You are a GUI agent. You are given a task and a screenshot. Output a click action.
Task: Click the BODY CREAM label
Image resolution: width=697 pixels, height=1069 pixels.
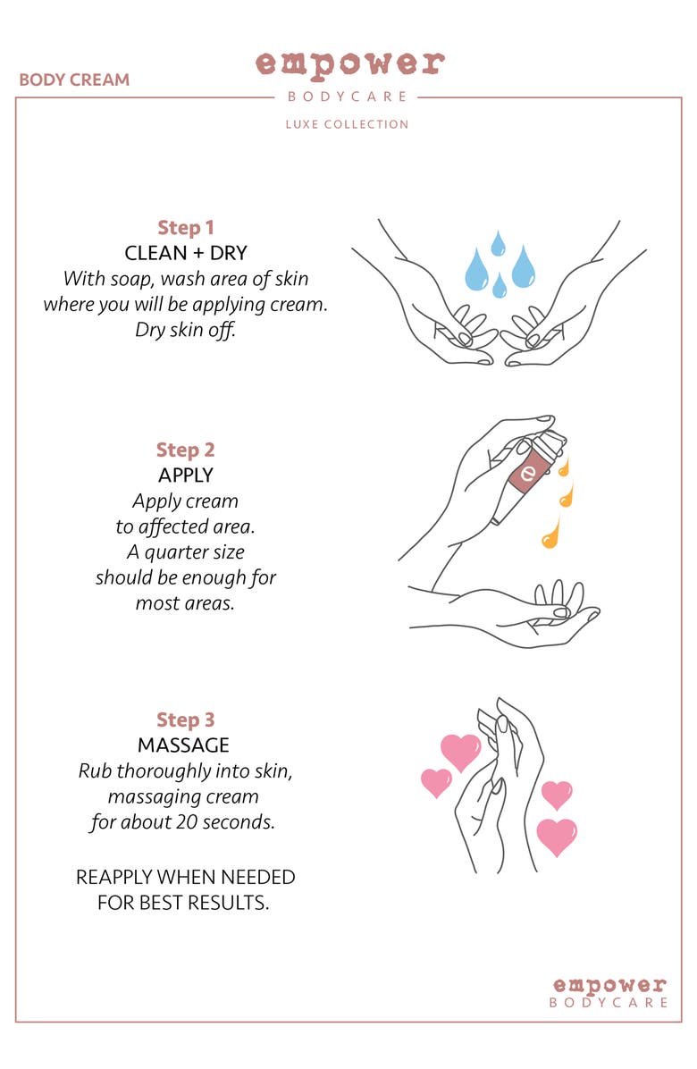point(74,80)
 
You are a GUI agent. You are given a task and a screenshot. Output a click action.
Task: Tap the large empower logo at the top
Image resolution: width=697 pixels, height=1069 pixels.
point(350,64)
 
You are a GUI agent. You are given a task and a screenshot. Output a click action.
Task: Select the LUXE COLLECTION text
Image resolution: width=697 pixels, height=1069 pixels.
point(347,124)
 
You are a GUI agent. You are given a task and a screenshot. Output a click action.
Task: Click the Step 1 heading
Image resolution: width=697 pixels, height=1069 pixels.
point(185,228)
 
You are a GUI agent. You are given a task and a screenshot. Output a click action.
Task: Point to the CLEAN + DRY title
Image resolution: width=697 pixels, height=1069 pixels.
point(185,253)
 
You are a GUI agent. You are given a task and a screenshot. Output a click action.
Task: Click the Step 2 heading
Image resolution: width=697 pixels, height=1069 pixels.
point(185,450)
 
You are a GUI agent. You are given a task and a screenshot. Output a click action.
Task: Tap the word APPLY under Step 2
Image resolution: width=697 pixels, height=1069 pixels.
point(185,476)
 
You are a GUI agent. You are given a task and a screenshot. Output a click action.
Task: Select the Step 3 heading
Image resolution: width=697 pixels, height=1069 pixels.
point(185,720)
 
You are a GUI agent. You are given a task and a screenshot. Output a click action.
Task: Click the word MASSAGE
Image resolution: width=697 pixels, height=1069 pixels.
point(183,745)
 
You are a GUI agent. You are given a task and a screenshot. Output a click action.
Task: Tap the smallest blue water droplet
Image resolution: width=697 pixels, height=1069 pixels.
point(500,286)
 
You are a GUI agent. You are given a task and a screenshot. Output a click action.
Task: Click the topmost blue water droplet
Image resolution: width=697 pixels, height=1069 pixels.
point(498,243)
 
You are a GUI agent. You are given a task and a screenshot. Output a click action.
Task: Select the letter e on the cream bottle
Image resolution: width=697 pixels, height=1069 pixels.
point(527,473)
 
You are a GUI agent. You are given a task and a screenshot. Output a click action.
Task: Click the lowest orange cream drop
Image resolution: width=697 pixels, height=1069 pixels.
point(550,533)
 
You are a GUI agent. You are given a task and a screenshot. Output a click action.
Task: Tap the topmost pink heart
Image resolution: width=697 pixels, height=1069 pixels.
point(460,751)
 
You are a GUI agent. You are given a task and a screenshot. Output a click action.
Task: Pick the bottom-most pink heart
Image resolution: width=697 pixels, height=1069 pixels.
point(557,836)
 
